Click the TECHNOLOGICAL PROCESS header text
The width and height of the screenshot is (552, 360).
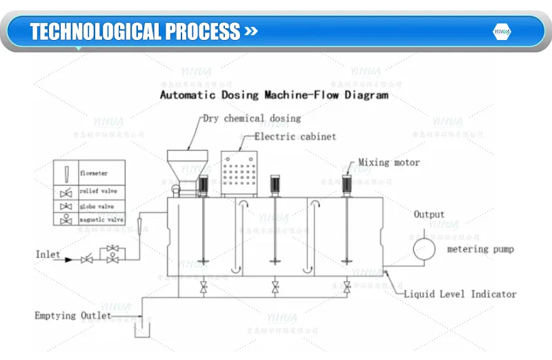[135, 32]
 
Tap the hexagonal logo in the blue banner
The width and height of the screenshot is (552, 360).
[501, 32]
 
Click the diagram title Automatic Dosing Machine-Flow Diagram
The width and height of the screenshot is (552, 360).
[274, 94]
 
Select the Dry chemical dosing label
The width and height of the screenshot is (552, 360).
[252, 119]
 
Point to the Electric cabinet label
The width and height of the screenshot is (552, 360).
[295, 137]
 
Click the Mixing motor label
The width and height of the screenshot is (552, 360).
[388, 163]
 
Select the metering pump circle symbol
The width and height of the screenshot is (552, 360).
[422, 248]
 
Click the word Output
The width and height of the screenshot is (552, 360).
[428, 214]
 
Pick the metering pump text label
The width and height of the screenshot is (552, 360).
[480, 249]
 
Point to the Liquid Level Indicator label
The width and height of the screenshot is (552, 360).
[460, 294]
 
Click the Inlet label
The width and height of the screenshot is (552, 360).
[48, 254]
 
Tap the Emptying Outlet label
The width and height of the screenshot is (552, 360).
[72, 316]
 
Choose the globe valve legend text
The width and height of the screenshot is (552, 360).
[95, 206]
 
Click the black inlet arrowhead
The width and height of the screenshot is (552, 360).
[68, 260]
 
